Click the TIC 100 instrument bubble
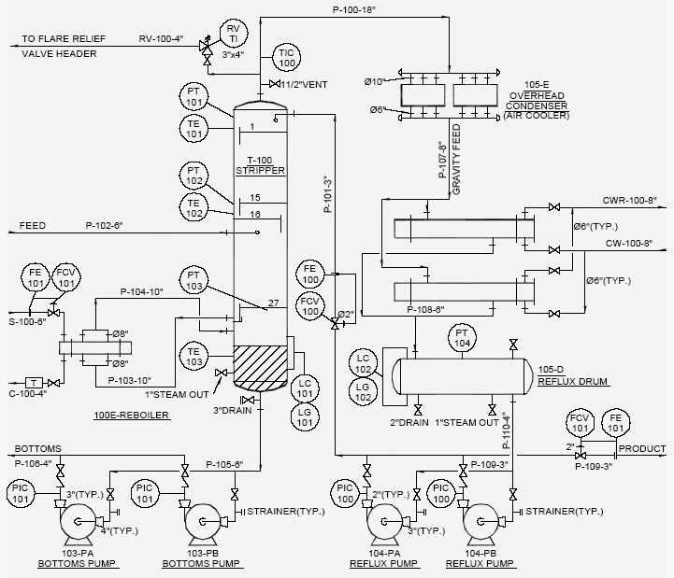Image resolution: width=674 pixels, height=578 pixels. pyautogui.click(x=286, y=56)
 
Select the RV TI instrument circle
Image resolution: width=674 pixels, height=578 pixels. pyautogui.click(x=233, y=35)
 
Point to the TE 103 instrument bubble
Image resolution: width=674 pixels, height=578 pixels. pyautogui.click(x=194, y=356)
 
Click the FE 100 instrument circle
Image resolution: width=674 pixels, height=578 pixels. pyautogui.click(x=310, y=274)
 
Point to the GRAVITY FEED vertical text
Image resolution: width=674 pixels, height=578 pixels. pyautogui.click(x=456, y=159)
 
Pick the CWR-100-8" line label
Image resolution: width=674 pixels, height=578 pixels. pyautogui.click(x=630, y=200)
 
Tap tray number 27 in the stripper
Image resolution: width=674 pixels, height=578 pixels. pyautogui.click(x=273, y=303)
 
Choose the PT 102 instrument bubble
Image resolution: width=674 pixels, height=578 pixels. pyautogui.click(x=194, y=175)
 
